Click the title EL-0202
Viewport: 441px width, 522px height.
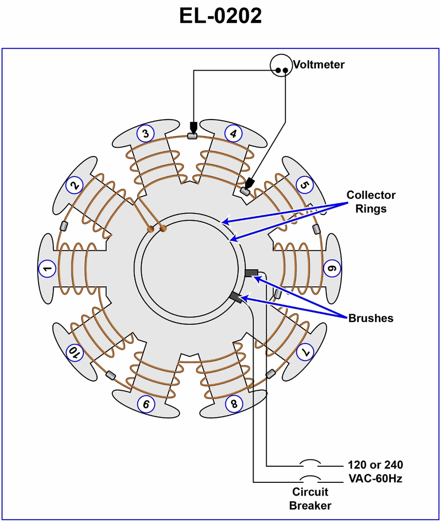pyautogui.click(x=220, y=17)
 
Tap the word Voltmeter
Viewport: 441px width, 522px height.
pyautogui.click(x=319, y=65)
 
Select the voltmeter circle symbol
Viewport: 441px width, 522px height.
pyautogui.click(x=281, y=65)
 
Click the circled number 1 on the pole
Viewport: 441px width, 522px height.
pyautogui.click(x=47, y=269)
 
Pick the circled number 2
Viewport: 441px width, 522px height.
pyautogui.click(x=73, y=186)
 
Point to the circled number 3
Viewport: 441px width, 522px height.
pyautogui.click(x=145, y=133)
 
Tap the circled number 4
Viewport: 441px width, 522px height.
pyautogui.click(x=233, y=133)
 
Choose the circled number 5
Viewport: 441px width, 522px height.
pyautogui.click(x=304, y=185)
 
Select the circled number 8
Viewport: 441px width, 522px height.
pyautogui.click(x=234, y=404)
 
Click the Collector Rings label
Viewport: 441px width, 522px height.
pyautogui.click(x=370, y=202)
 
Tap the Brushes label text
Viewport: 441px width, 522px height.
pyautogui.click(x=370, y=318)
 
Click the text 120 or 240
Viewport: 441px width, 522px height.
pyautogui.click(x=375, y=465)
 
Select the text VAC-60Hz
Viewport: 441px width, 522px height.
pyautogui.click(x=375, y=478)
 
